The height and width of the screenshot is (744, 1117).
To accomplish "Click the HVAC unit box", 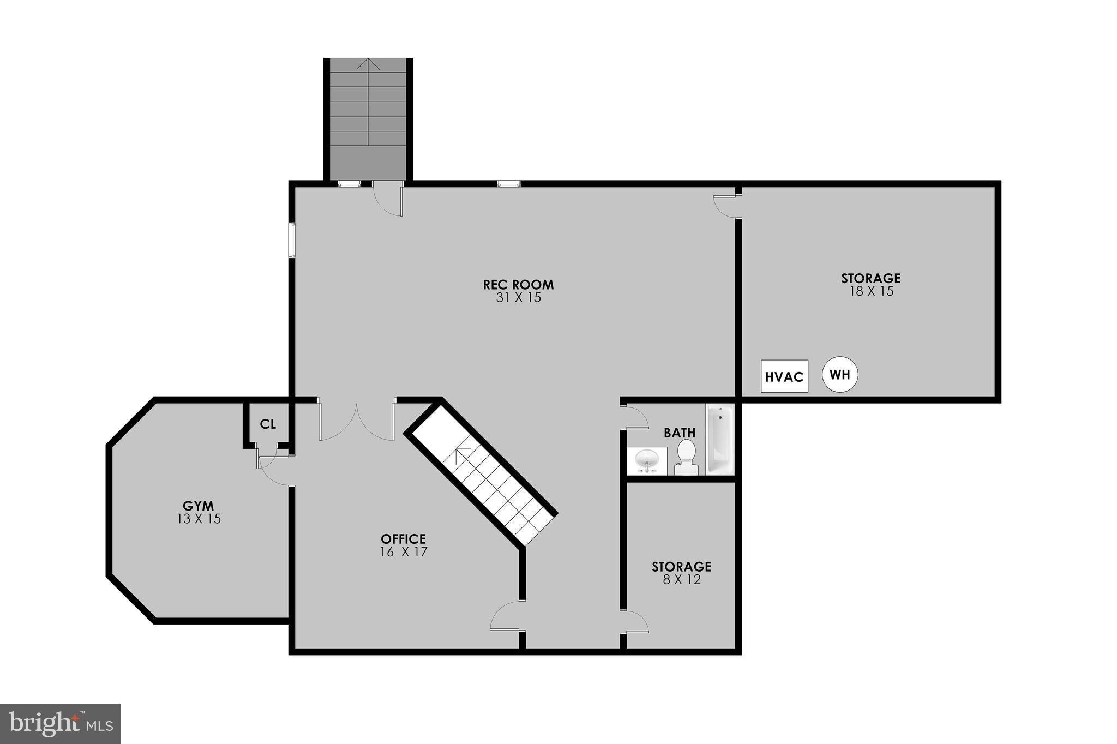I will pos(784,376).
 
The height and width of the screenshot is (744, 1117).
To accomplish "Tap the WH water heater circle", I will pos(840,375).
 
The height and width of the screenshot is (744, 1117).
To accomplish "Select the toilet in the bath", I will pos(686,458).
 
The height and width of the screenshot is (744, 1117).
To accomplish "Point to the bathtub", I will pos(720,439).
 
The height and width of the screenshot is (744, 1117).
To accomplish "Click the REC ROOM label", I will pos(518,285).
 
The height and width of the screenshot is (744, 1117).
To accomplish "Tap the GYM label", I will pos(198,506).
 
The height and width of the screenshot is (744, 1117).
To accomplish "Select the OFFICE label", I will pos(403,539).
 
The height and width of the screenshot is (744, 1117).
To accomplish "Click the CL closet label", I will pos(268,424).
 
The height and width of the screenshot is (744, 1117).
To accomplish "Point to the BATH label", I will pos(680,433).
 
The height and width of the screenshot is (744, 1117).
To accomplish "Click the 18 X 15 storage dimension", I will pos(871,291).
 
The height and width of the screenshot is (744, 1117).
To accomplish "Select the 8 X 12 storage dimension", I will pos(682,580).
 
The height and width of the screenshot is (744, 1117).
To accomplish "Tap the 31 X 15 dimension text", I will pos(518,298).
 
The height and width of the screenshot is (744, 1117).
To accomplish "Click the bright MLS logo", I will pos(60,724).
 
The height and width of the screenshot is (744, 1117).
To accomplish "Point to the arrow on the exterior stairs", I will pos(368,64).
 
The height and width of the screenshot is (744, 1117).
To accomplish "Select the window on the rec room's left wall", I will pos(292,239).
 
